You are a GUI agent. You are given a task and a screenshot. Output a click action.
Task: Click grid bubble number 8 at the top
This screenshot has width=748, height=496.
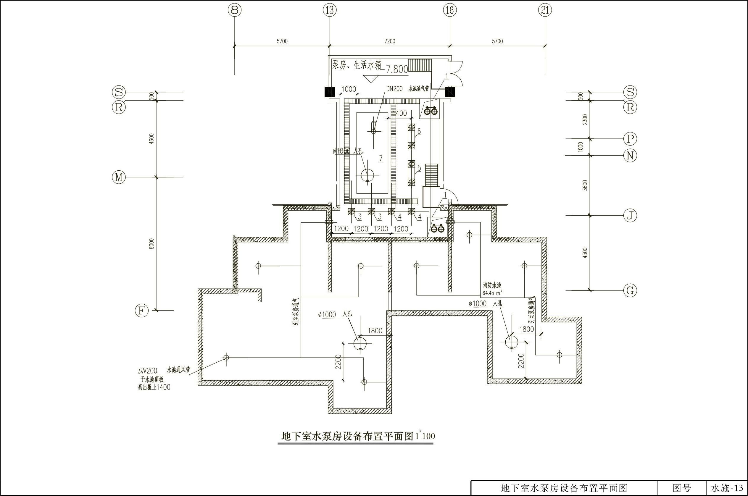[234, 10]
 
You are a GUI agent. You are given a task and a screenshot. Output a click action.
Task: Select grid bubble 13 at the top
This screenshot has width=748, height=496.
[330, 10]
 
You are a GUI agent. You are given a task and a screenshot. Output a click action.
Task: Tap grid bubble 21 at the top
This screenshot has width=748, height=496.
[545, 10]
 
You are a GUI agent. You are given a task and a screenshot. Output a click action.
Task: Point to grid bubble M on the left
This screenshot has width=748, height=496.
[119, 177]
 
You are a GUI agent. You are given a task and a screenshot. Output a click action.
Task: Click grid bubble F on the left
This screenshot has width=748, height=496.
[141, 311]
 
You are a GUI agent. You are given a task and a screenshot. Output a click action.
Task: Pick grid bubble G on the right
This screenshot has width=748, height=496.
[630, 290]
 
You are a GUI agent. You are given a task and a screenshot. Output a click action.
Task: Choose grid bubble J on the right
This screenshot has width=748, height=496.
[630, 216]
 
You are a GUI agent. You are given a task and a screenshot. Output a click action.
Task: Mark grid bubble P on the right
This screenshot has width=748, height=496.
[630, 138]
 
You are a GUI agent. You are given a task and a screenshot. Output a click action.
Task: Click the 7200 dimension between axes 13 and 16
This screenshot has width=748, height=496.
[390, 41]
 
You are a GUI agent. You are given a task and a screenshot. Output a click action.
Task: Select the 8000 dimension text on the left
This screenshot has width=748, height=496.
[151, 244]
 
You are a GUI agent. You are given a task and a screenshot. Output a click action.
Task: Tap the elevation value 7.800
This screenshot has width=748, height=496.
[397, 70]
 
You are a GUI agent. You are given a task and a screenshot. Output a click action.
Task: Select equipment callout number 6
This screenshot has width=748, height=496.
[419, 131]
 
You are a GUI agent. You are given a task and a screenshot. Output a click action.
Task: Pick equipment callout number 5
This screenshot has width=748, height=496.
[419, 168]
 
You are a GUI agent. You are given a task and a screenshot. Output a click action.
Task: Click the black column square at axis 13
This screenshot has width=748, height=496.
[329, 92]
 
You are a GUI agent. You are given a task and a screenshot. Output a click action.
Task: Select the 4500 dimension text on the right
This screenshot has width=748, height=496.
[585, 253]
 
